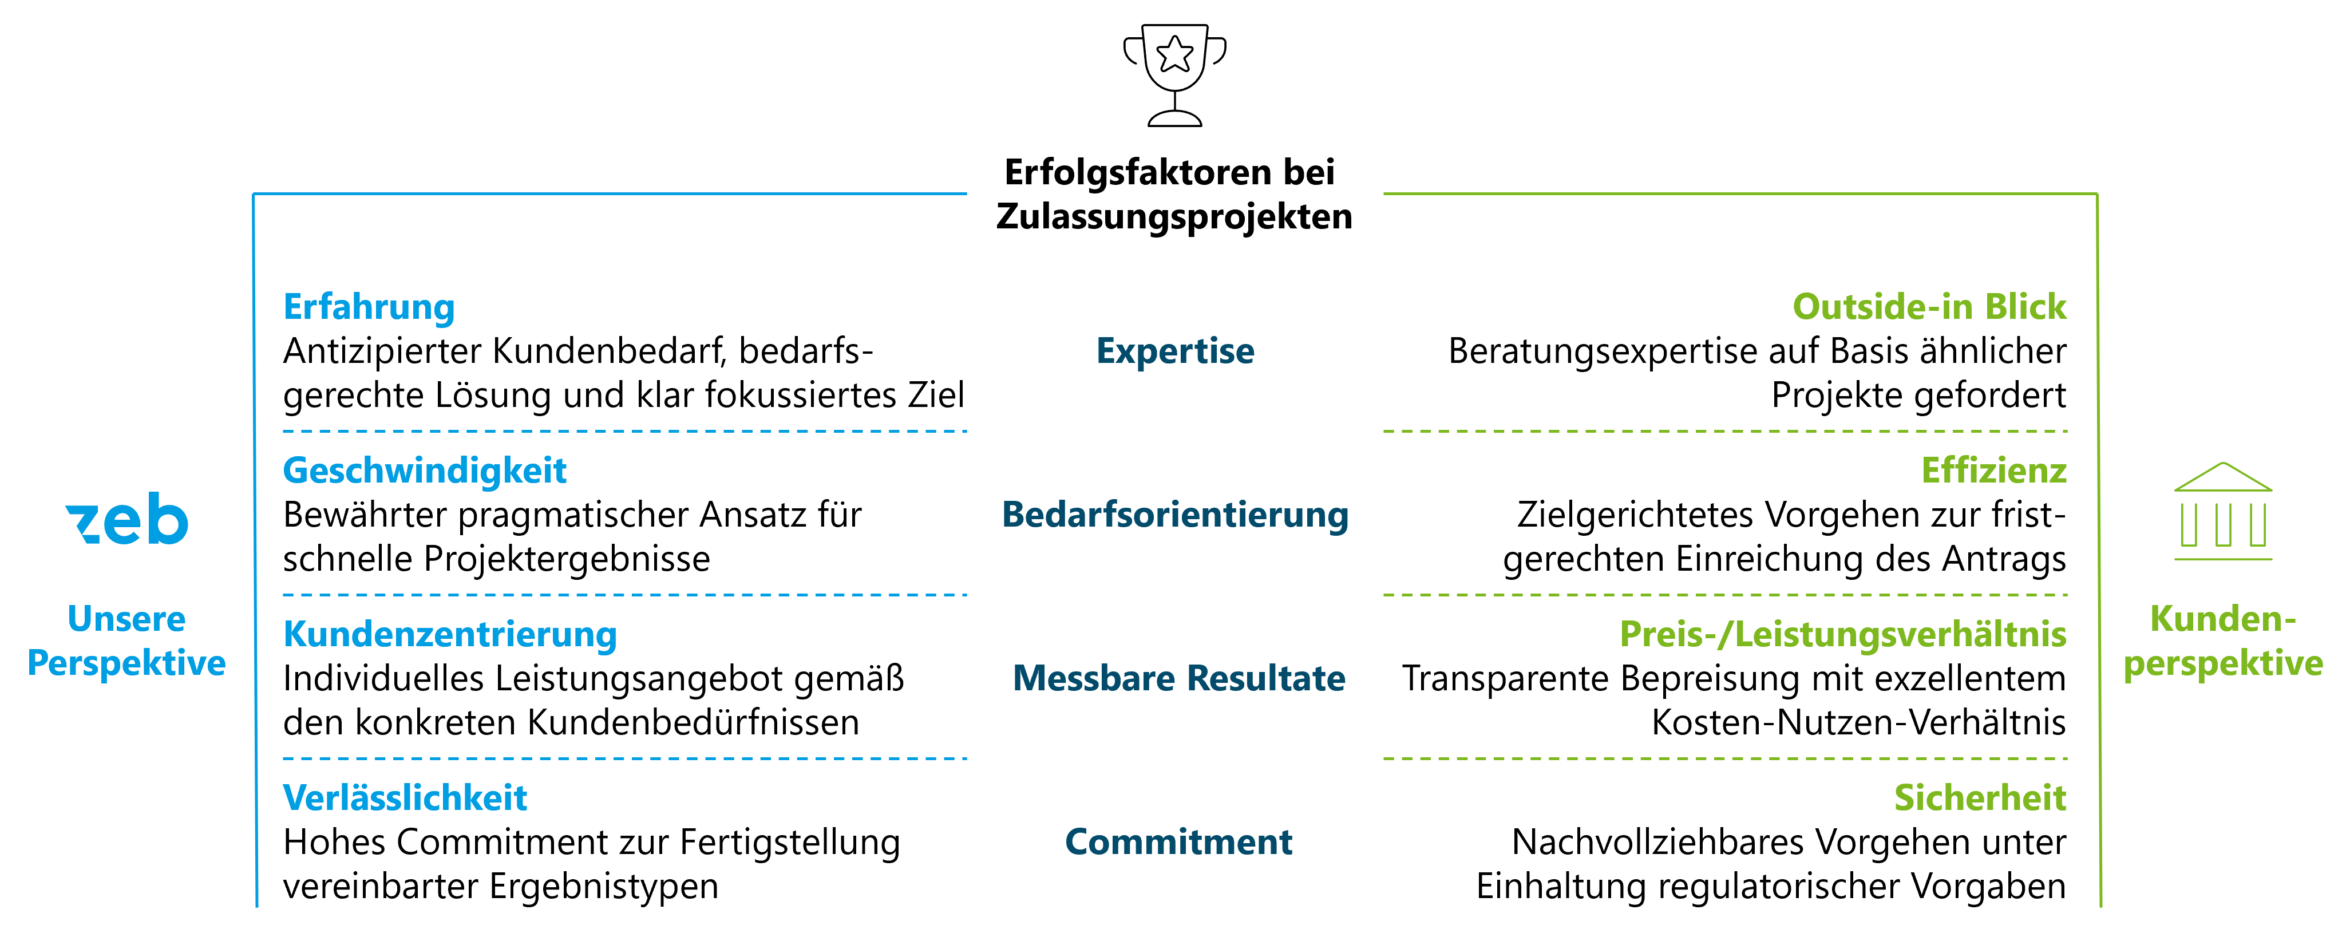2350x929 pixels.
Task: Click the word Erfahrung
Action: coord(369,307)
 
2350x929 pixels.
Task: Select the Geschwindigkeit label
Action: coord(424,471)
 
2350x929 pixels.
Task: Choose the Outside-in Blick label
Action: coord(1929,307)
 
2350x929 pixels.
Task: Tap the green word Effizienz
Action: coord(1993,471)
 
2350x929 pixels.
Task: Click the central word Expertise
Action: coord(1175,351)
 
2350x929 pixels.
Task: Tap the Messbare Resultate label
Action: coord(1178,679)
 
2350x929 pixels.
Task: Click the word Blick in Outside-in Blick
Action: coord(2025,307)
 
